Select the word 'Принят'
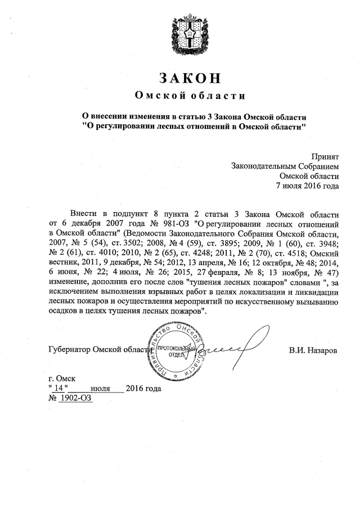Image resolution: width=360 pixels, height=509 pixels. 325,156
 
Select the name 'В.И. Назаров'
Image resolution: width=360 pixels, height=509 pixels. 313,350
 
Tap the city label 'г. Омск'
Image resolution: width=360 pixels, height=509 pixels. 62,379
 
